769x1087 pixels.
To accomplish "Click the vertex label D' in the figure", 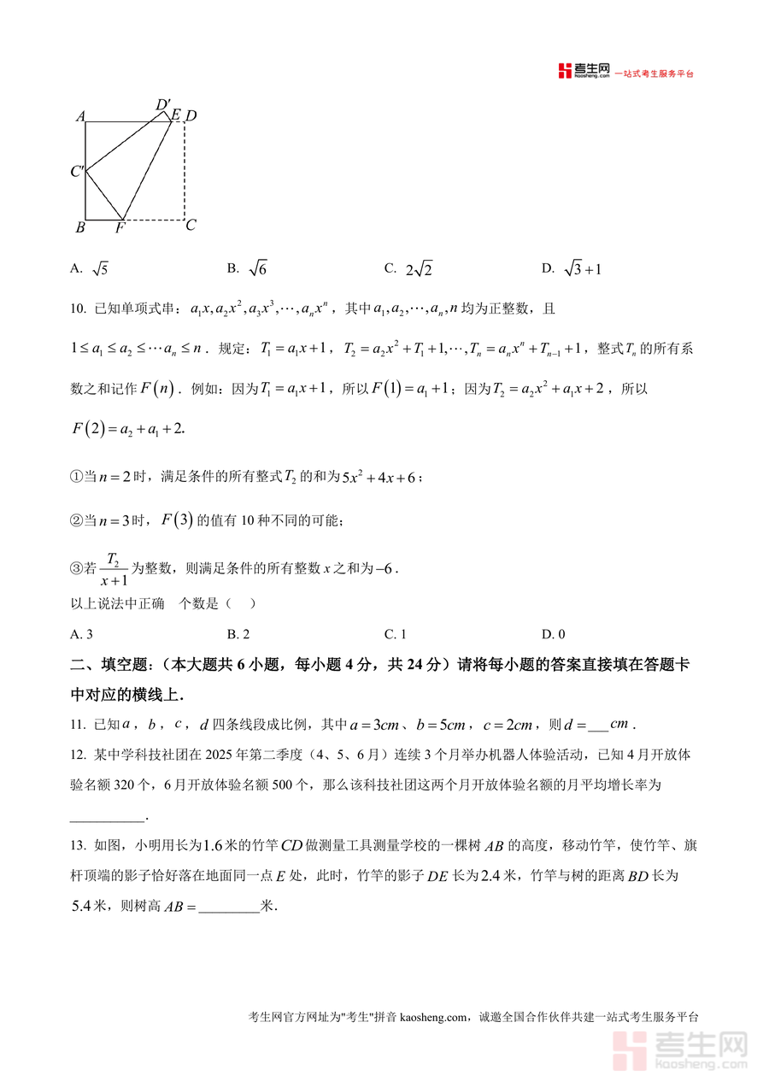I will pyautogui.click(x=163, y=105).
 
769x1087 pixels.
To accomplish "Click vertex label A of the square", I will pyautogui.click(x=79, y=116).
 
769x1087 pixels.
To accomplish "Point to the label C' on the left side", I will pyautogui.click(x=77, y=172).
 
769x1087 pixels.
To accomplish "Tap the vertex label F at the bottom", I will pyautogui.click(x=120, y=228).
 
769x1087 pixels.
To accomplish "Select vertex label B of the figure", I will pyautogui.click(x=79, y=227).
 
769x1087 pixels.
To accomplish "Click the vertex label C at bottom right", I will pyautogui.click(x=191, y=226).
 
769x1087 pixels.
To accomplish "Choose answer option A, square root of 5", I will pyautogui.click(x=90, y=269).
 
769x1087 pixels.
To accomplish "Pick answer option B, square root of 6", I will pyautogui.click(x=248, y=269).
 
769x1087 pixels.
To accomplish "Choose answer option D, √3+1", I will pyautogui.click(x=573, y=269).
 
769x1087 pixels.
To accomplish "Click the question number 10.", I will pyautogui.click(x=78, y=308).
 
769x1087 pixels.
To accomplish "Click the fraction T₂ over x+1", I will pyautogui.click(x=113, y=569).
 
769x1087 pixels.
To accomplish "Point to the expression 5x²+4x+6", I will pyautogui.click(x=379, y=478).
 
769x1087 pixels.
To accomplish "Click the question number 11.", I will pyautogui.click(x=78, y=725).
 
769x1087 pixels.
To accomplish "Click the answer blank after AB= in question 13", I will pyautogui.click(x=229, y=906).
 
